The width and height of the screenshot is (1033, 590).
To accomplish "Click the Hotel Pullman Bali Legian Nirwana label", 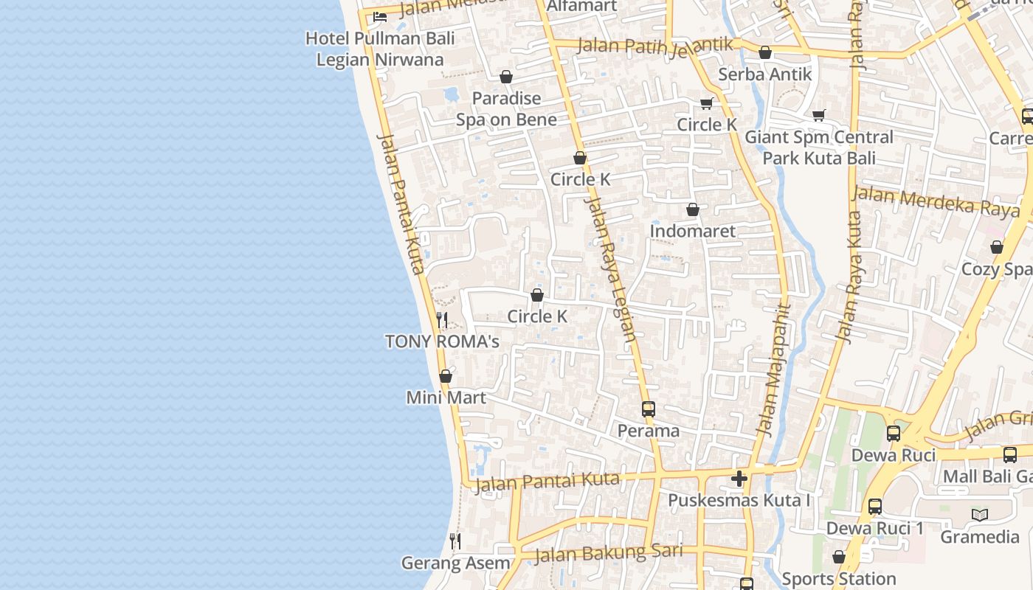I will (x=380, y=49).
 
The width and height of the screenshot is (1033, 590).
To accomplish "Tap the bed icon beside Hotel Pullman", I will (x=380, y=16).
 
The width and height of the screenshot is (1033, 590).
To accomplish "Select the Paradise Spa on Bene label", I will (x=506, y=108).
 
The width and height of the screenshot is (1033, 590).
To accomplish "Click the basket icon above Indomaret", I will (x=693, y=210).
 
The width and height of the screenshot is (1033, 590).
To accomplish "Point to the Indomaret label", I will (x=693, y=231).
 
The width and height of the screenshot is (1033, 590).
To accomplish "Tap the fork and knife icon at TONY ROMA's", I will (x=442, y=319).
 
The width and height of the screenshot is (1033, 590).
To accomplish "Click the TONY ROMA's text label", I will (x=442, y=341).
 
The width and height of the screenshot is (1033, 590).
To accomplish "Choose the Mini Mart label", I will (x=446, y=398).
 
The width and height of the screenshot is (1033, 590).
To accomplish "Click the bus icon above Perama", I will (x=649, y=409).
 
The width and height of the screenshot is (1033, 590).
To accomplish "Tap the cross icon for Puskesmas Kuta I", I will (x=739, y=479).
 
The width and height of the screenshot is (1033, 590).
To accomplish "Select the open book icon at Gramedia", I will (x=979, y=515).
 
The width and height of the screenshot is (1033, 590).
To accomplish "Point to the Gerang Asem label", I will (x=455, y=563).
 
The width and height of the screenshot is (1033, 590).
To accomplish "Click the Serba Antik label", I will (x=765, y=74).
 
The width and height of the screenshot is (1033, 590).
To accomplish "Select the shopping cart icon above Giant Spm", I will (x=818, y=116).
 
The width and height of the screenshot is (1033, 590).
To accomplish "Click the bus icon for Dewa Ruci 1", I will (x=875, y=507).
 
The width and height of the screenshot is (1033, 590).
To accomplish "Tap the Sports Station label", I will (x=839, y=579).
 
